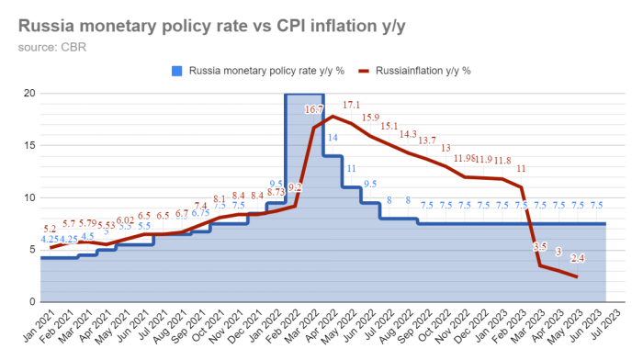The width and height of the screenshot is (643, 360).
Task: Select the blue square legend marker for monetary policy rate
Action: click(x=177, y=70)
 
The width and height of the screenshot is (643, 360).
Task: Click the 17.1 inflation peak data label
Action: click(x=351, y=105)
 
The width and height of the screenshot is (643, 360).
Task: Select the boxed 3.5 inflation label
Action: click(x=539, y=247)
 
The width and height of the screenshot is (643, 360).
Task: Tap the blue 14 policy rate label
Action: click(x=333, y=138)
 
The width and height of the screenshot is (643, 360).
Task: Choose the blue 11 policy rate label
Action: click(x=351, y=168)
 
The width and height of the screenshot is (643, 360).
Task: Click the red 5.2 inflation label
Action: click(x=50, y=229)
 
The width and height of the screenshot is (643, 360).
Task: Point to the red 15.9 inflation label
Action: click(x=370, y=118)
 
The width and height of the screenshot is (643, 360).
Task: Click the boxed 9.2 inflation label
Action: click(x=295, y=187)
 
